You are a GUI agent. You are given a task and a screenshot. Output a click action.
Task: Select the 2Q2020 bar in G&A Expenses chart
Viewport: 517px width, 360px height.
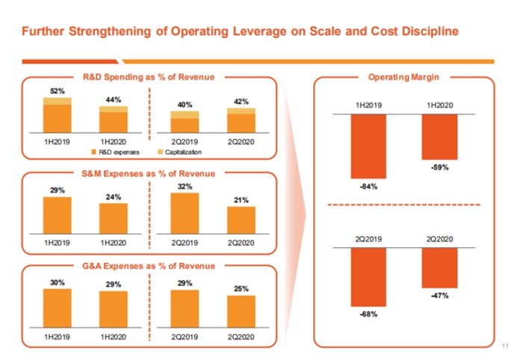[241, 311]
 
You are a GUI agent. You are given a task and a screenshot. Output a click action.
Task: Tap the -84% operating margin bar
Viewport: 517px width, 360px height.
[368, 146]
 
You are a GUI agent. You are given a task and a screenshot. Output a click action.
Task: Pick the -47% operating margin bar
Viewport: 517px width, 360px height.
[439, 268]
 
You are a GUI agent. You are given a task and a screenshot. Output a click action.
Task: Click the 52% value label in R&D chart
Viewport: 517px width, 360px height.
[57, 91]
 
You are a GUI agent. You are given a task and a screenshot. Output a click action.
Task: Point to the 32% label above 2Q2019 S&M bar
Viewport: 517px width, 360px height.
[185, 185]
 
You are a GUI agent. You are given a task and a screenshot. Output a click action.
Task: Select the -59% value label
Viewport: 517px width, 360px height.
[439, 168]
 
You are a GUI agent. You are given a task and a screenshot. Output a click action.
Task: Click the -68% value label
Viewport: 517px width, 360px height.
[368, 314]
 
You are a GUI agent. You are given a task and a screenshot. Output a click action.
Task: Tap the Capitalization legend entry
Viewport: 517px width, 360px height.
[183, 152]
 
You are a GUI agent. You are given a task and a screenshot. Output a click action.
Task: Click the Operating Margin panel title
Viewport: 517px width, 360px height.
[403, 77]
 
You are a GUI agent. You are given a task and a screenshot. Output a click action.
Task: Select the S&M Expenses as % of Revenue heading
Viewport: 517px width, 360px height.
[148, 174]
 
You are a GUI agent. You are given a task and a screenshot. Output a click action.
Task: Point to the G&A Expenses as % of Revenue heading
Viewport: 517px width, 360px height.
[148, 266]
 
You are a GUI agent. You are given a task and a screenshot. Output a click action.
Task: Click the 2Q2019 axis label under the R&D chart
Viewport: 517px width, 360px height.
[185, 140]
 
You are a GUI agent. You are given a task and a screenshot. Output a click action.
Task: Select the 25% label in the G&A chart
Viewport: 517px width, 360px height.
[241, 288]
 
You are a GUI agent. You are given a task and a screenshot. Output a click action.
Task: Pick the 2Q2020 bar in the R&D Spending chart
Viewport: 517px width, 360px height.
[241, 120]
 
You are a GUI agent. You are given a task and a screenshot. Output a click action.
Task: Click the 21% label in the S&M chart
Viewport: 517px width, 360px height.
[241, 199]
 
